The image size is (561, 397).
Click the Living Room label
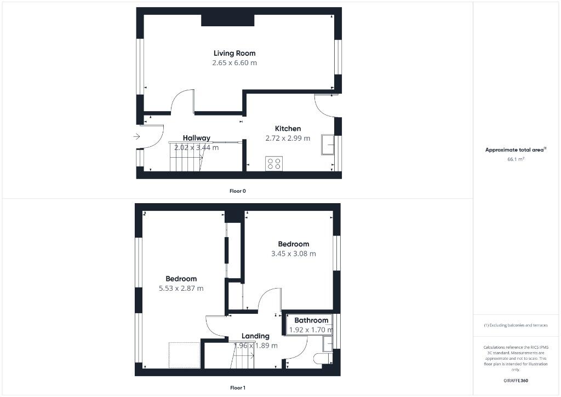(x=234, y=53)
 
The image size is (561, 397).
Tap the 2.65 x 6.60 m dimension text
(x=234, y=63)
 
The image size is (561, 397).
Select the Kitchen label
(x=288, y=129)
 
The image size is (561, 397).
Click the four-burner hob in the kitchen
(x=273, y=163)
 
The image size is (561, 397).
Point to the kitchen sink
(x=329, y=143)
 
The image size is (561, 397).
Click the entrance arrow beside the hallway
(x=136, y=136)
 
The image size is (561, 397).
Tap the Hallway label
(x=197, y=138)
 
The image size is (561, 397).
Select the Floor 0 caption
(x=237, y=191)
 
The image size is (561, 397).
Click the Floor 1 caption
(x=237, y=388)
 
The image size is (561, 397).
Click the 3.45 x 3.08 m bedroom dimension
(x=293, y=254)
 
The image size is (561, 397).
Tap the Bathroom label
(x=311, y=320)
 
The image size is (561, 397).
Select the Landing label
(x=255, y=336)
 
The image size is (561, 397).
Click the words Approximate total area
(x=514, y=149)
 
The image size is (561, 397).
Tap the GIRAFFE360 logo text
(x=516, y=381)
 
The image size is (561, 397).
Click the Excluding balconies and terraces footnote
(x=516, y=325)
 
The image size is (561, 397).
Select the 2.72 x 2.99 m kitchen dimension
(x=288, y=138)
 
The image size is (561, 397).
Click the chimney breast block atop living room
(x=227, y=20)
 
